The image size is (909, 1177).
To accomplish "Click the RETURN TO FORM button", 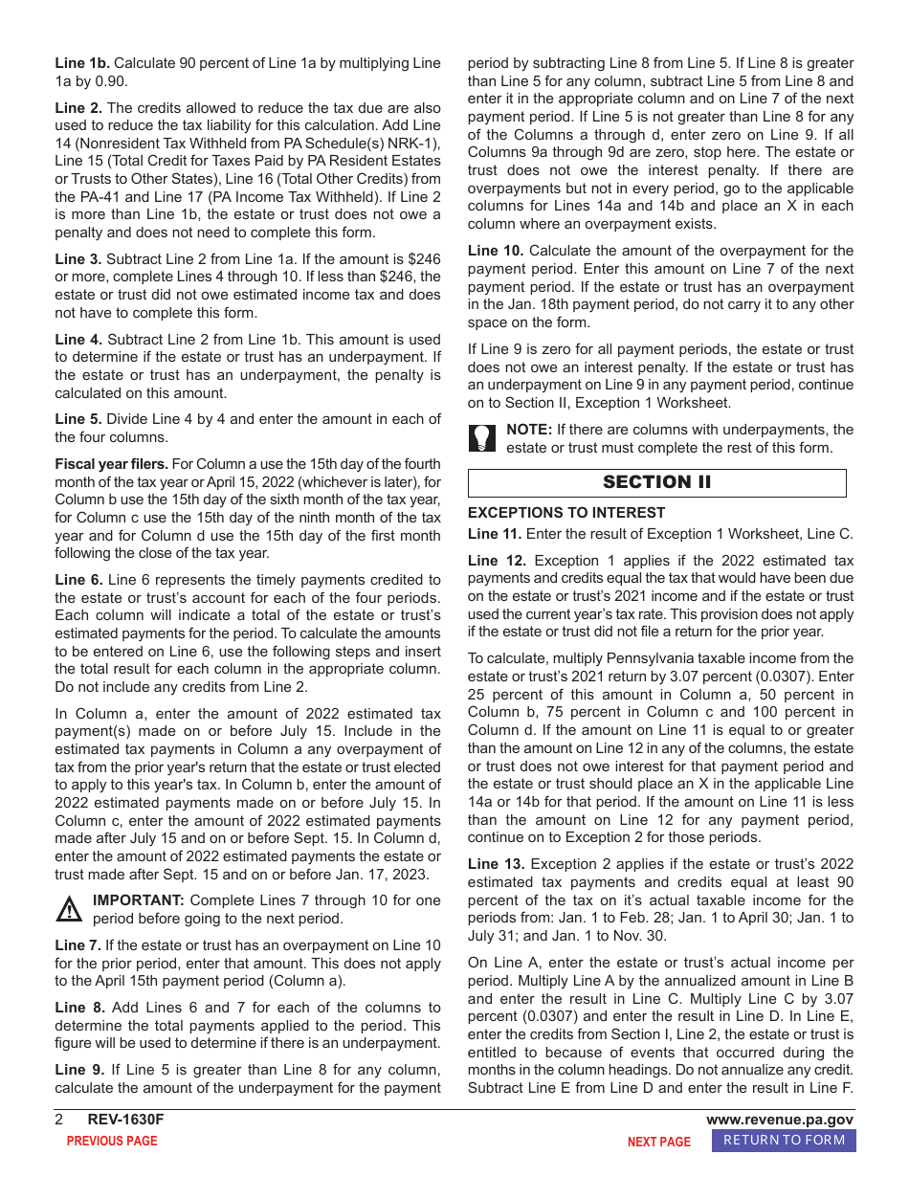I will coord(784,1140).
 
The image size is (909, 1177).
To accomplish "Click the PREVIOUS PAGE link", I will coord(112,1141).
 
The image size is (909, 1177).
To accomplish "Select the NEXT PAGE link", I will coord(658,1142).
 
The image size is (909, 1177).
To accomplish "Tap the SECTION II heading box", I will coord(656,482).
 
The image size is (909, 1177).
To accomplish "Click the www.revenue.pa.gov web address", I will coord(780,1120).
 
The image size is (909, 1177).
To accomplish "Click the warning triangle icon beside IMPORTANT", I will coord(70,909).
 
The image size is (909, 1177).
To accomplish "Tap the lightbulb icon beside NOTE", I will coord(482,438).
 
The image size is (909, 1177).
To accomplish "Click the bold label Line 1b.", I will coord(82,63).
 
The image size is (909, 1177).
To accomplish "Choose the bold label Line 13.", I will coord(496,864).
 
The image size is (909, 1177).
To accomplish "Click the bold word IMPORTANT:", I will coord(138,900).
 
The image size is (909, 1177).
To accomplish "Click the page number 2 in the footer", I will coord(59,1120).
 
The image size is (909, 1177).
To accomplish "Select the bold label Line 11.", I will coord(495,534).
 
